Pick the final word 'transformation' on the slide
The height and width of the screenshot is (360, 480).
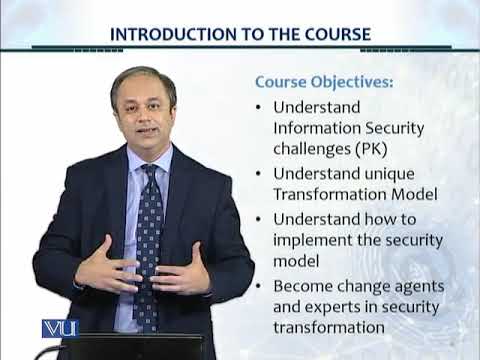click(x=329, y=327)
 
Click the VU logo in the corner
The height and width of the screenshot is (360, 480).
click(x=60, y=328)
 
